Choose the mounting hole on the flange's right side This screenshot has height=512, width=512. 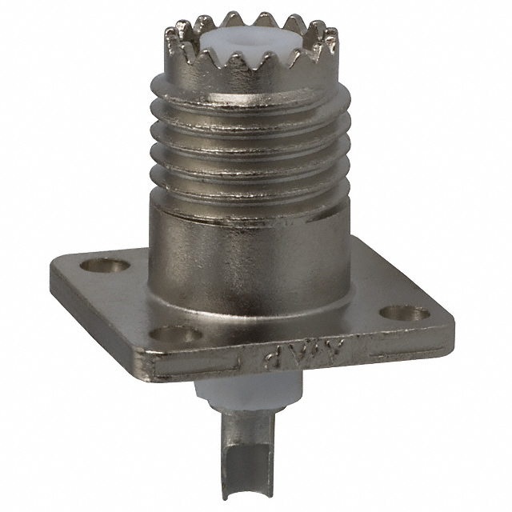[x=394, y=314]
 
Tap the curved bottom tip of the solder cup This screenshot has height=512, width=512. [x=239, y=502]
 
